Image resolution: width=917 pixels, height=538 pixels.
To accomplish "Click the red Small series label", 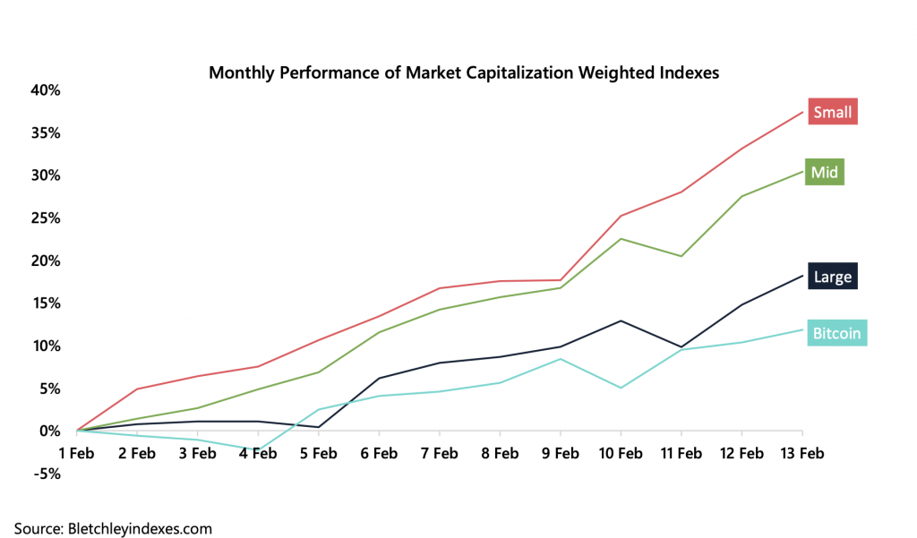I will [x=832, y=112].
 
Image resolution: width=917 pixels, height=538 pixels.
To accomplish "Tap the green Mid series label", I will [x=824, y=172].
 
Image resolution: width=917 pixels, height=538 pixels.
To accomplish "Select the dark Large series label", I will [x=833, y=277].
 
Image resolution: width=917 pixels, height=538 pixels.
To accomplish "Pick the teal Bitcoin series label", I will [x=836, y=334].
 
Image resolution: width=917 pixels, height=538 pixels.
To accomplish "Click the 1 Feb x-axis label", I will [x=76, y=454].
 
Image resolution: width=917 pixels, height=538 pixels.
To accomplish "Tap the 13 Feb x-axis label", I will [x=800, y=454].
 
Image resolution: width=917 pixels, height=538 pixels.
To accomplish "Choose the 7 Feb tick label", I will [x=439, y=454].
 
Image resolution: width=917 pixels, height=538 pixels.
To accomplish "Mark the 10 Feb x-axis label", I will [x=620, y=454].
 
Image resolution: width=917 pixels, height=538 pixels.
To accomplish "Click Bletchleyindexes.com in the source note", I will [x=140, y=528].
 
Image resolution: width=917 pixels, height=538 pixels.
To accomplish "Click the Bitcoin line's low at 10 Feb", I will [x=620, y=388].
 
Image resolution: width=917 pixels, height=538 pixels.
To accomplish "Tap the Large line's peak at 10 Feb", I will [x=620, y=320].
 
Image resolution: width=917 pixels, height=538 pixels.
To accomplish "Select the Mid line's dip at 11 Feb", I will [x=681, y=256].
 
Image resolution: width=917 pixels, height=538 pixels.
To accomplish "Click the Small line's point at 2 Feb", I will [x=137, y=389].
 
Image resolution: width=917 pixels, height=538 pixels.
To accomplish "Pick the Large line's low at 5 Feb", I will [x=318, y=427].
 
